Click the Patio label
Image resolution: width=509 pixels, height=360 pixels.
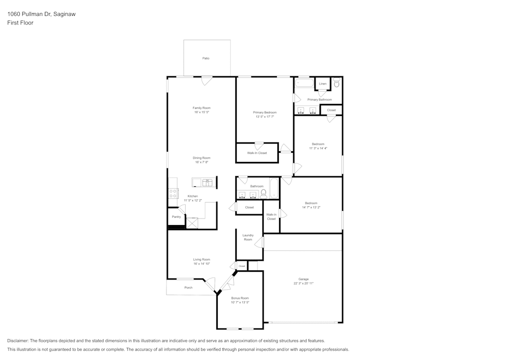(x=206, y=59)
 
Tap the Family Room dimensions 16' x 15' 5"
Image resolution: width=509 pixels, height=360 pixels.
(x=202, y=112)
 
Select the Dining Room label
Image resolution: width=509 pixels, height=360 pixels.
(x=202, y=158)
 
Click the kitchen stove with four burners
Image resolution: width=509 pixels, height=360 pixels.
(x=173, y=193)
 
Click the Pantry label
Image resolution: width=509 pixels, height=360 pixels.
(x=176, y=217)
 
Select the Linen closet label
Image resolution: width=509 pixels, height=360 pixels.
(x=323, y=84)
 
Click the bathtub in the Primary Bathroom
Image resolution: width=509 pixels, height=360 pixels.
(x=304, y=83)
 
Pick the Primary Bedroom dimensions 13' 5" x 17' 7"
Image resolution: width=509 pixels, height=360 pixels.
(x=265, y=117)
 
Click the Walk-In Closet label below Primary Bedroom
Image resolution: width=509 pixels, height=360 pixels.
(x=257, y=153)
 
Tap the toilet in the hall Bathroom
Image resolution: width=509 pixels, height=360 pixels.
(x=264, y=193)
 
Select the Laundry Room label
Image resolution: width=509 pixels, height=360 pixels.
(x=248, y=237)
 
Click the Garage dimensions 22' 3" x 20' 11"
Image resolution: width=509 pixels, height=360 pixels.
(x=303, y=283)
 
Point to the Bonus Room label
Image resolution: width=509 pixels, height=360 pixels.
(x=240, y=298)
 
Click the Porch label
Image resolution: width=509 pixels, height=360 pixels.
(x=188, y=288)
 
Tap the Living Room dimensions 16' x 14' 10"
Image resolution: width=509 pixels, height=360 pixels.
(x=202, y=264)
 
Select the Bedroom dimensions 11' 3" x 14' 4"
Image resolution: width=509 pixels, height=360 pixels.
(x=318, y=148)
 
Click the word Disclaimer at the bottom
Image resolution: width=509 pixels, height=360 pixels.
(x=18, y=341)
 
